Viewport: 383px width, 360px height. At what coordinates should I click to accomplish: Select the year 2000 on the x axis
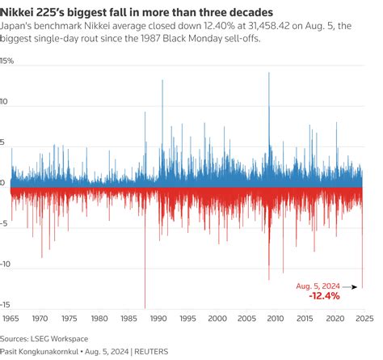tap(217, 320)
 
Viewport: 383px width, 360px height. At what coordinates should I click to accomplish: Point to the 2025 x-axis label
tap(363, 320)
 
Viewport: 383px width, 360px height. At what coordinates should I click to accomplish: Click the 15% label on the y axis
tap(8, 61)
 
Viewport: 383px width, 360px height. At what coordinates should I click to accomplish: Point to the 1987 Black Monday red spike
tap(145, 299)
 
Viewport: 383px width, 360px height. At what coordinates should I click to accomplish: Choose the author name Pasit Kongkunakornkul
tap(49, 351)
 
